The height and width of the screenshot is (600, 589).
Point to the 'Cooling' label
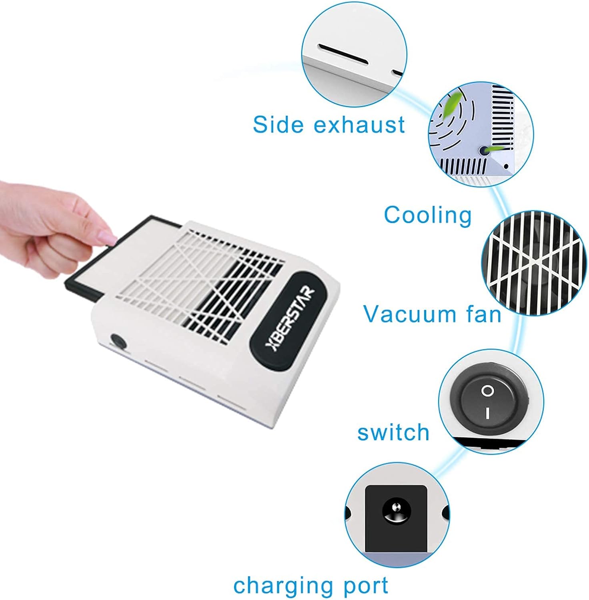428,215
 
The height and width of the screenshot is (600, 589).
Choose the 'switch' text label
393,432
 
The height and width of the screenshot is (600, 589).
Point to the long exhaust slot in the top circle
343,54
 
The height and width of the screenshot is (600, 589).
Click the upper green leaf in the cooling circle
453,102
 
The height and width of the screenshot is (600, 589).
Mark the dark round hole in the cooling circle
484,150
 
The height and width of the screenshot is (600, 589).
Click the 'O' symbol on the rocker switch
487,390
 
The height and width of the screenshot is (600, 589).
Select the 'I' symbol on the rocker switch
487,413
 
